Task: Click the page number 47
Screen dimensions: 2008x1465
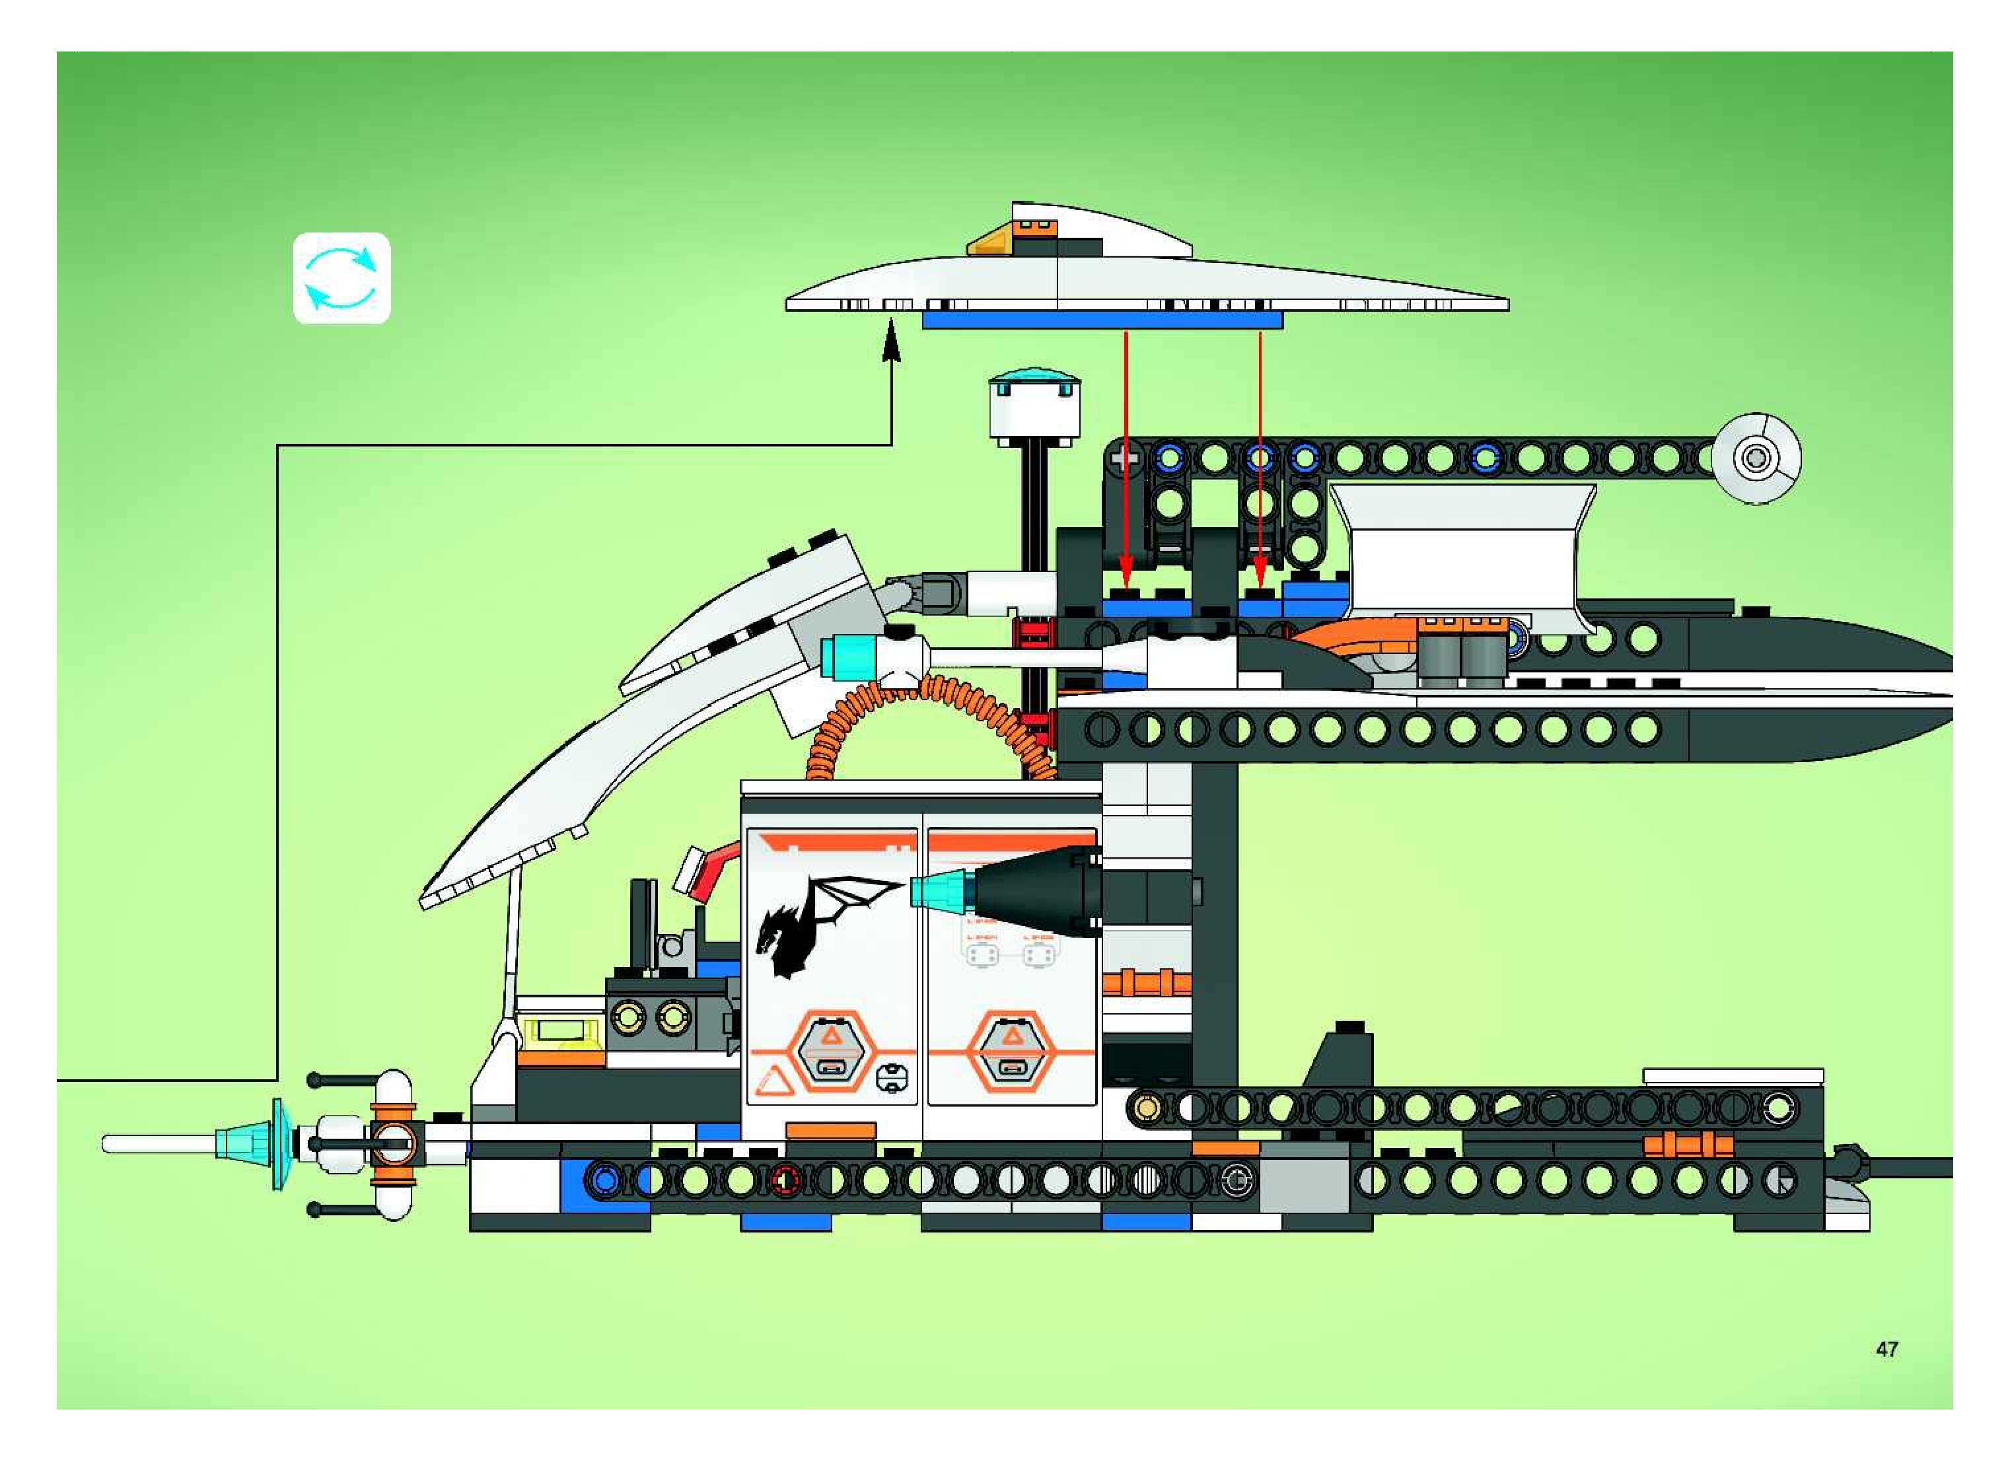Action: pos(1886,1349)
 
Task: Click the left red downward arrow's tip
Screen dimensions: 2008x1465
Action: pos(1126,578)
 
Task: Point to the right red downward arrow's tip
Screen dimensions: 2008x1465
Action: pos(1260,578)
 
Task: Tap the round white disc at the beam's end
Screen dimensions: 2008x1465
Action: pos(1756,458)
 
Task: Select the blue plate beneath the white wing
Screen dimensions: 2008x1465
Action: pos(1102,320)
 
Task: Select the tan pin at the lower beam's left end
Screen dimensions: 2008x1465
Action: pos(1146,1108)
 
